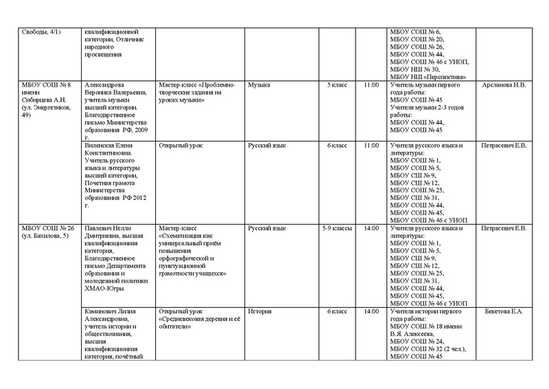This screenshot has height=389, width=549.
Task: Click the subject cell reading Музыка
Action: coord(259,85)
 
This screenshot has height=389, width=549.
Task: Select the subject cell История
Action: coord(260,311)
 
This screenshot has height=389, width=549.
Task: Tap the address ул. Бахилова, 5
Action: coord(45,236)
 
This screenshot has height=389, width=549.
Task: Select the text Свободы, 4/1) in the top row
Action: coord(42,32)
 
